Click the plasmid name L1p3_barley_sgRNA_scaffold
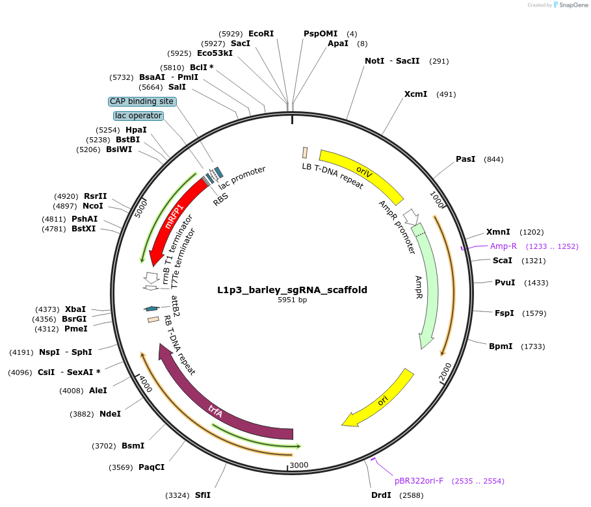[x=292, y=290]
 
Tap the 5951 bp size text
[x=292, y=300]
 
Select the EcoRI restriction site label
[x=261, y=33]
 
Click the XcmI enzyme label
[x=415, y=94]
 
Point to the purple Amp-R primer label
[x=503, y=246]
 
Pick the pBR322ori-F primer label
[x=419, y=481]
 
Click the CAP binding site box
[x=142, y=101]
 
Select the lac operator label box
[x=138, y=116]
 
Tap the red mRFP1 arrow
[x=174, y=218]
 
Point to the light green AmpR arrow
[x=426, y=286]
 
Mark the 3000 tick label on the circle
[x=298, y=465]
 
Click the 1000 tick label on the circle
[x=436, y=200]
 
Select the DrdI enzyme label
[x=381, y=495]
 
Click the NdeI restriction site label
[x=110, y=413]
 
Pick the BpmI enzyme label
[x=501, y=346]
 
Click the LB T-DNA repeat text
[x=332, y=175]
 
